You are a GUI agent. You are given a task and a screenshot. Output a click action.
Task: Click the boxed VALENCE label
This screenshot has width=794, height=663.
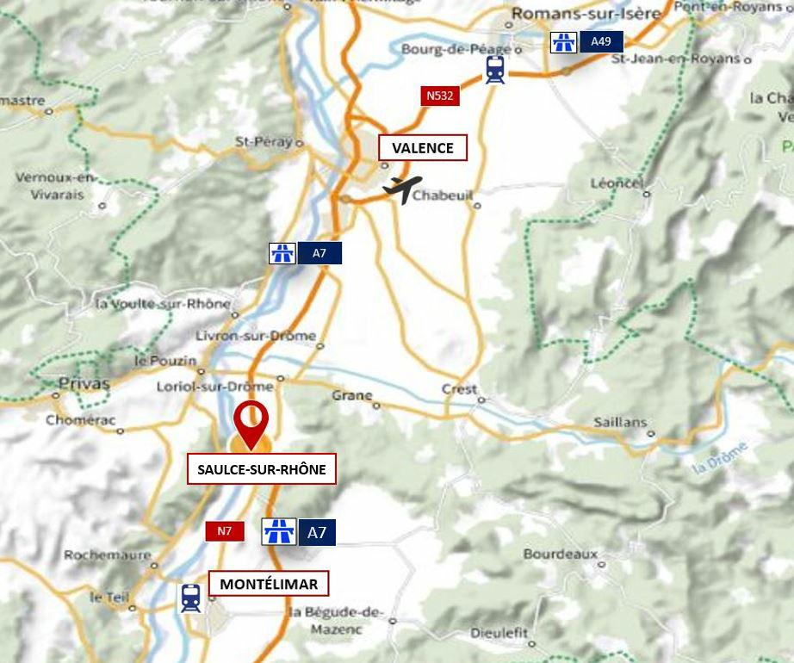pyautogui.click(x=422, y=148)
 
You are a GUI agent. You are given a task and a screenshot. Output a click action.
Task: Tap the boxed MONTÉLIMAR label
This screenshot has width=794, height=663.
pyautogui.click(x=268, y=584)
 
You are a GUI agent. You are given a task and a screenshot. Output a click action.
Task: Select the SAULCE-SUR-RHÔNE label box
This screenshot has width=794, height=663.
pyautogui.click(x=262, y=469)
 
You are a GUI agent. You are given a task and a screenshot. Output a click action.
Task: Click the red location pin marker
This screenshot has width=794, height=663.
pyautogui.click(x=251, y=422)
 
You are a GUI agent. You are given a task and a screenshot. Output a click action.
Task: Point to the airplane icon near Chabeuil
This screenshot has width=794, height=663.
pyautogui.click(x=403, y=188)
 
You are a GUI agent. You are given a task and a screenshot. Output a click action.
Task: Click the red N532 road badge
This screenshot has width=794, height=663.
pyautogui.click(x=439, y=96)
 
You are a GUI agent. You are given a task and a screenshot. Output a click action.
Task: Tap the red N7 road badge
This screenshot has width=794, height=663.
pyautogui.click(x=224, y=531)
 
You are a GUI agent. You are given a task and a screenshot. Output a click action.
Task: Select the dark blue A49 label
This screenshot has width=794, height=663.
pyautogui.click(x=600, y=41)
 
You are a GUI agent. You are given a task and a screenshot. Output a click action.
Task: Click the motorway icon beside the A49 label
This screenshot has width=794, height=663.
pyautogui.click(x=564, y=41)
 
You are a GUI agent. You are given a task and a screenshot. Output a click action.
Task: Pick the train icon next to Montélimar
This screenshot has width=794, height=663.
pyautogui.click(x=190, y=597)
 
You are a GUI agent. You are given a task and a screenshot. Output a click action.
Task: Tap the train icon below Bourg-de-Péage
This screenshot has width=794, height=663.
pyautogui.click(x=494, y=69)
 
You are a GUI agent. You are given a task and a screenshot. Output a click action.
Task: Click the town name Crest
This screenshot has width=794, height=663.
pyautogui.click(x=459, y=389)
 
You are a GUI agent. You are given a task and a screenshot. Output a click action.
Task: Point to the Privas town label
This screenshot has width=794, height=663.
pyautogui.click(x=84, y=383)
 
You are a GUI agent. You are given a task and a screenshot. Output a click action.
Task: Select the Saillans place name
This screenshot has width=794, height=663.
pyautogui.click(x=619, y=423)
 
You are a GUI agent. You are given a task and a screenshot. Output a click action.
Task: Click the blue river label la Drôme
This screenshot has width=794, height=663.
pyautogui.click(x=720, y=457)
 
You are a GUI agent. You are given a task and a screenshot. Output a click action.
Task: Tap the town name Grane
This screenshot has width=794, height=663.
pyautogui.click(x=352, y=395)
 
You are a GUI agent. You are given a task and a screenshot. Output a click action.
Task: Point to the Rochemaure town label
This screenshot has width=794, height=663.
pyautogui.click(x=107, y=555)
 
